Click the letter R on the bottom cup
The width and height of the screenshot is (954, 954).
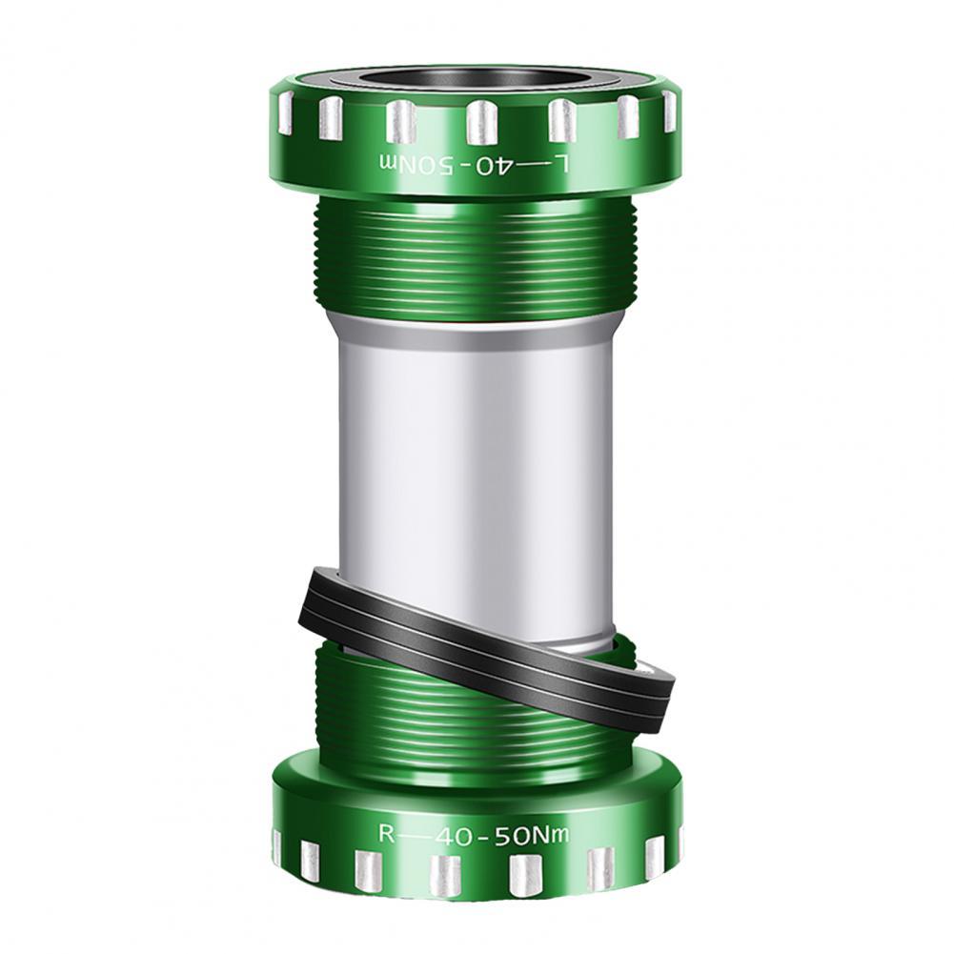[387, 833]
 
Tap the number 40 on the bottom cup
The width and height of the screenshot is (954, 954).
[456, 838]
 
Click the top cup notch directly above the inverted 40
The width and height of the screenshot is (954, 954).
[482, 123]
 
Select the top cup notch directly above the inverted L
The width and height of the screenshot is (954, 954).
[561, 120]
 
